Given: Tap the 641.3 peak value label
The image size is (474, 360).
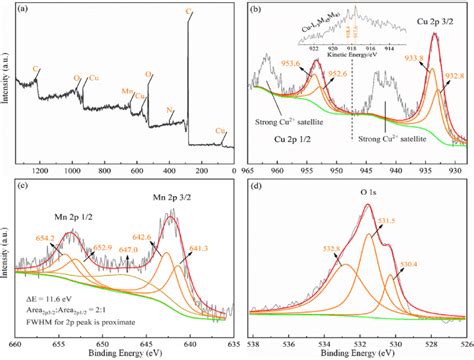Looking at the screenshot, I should click(198, 246).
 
